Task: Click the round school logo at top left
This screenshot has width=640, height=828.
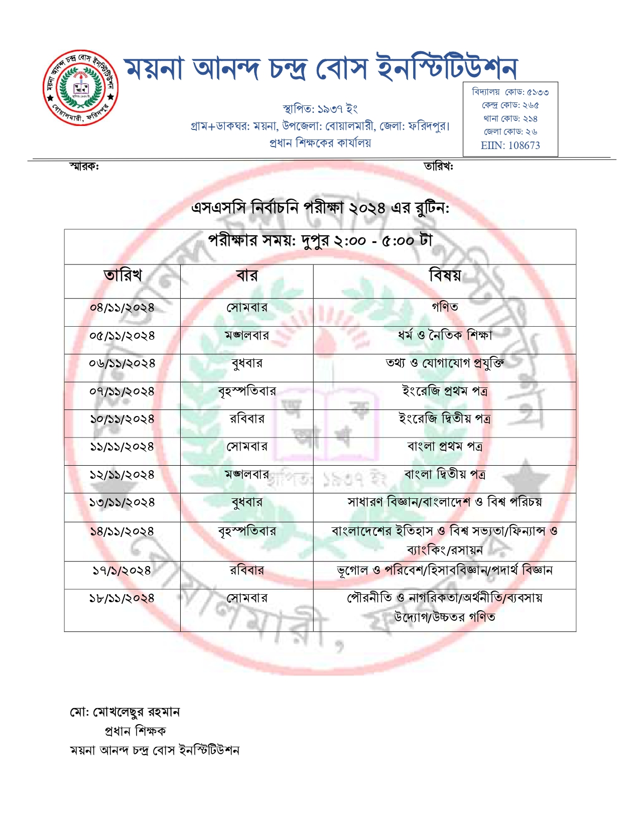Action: pos(81,88)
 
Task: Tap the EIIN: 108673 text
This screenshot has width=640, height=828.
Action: pos(510,146)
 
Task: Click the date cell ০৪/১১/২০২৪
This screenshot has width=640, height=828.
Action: pos(122,308)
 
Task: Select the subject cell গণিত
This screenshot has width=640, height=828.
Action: pos(445,307)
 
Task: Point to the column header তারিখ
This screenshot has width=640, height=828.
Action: pos(122,275)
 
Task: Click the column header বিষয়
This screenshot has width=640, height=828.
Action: pos(445,275)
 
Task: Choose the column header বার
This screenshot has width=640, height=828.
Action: pos(246,275)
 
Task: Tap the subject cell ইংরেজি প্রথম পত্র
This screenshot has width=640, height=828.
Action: pos(445,390)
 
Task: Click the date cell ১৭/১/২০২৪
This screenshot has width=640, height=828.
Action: pos(121,571)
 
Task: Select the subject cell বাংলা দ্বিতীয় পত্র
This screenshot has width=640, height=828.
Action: pos(445,474)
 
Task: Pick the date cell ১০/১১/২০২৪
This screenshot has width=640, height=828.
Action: pos(122,419)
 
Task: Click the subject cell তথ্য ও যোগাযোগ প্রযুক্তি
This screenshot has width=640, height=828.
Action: pos(445,363)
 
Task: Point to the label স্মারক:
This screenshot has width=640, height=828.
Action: pos(84,166)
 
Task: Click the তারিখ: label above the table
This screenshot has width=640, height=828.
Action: pos(438,166)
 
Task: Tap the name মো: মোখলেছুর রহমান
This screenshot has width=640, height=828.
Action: pos(124,712)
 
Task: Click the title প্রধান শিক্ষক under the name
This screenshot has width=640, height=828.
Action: pos(135,731)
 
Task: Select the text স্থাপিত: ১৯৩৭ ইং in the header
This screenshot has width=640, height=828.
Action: pos(320,109)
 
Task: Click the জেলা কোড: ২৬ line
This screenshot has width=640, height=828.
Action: pos(510,132)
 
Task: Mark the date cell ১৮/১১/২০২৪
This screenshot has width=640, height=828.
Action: pos(122,598)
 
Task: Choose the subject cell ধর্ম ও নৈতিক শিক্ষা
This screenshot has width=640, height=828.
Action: pos(445,335)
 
